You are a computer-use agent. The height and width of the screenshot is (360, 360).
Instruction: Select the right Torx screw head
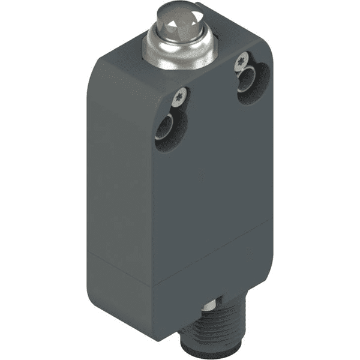pos(242,59)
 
